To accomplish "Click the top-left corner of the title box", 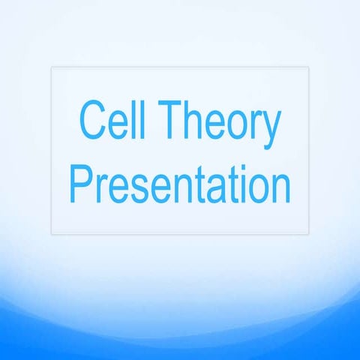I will pos(51,67).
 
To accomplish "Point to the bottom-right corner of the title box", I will pos(308,234).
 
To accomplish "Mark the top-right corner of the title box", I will pos(308,67).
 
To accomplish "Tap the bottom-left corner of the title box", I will pos(51,234).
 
